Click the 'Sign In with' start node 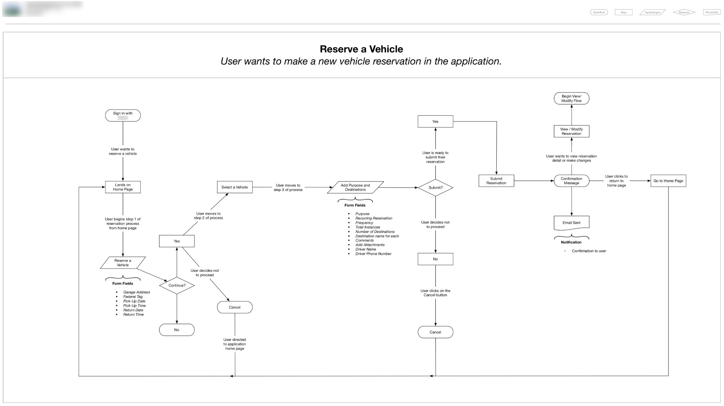click(123, 115)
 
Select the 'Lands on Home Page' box click(123, 187)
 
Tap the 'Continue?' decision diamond click(177, 285)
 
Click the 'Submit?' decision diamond click(435, 187)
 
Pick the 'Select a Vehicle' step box click(234, 187)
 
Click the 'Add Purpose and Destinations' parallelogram click(355, 187)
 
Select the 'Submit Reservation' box click(496, 181)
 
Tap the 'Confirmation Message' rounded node click(571, 181)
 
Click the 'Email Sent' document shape click(571, 222)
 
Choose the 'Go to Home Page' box click(668, 181)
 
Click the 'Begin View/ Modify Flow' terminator click(571, 98)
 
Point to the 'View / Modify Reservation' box click(571, 131)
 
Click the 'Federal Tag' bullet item click(133, 297)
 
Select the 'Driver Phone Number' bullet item click(373, 254)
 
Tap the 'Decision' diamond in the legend click(684, 12)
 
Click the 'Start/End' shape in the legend click(599, 12)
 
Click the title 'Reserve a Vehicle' click(361, 49)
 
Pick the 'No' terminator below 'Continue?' click(177, 330)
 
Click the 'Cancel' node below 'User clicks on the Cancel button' click(435, 332)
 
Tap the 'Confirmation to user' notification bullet click(589, 251)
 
